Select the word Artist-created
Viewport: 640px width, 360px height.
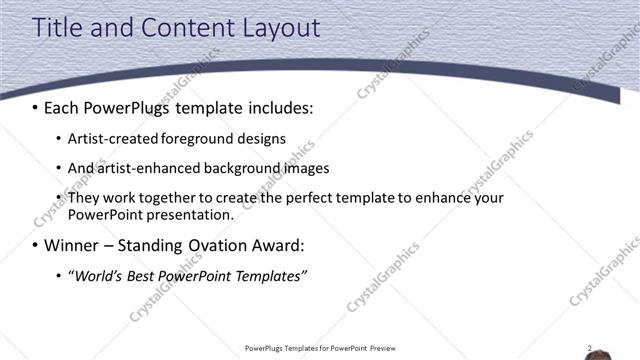[112, 139]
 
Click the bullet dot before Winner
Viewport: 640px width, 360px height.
[36, 246]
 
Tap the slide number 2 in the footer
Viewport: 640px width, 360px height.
[590, 349]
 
